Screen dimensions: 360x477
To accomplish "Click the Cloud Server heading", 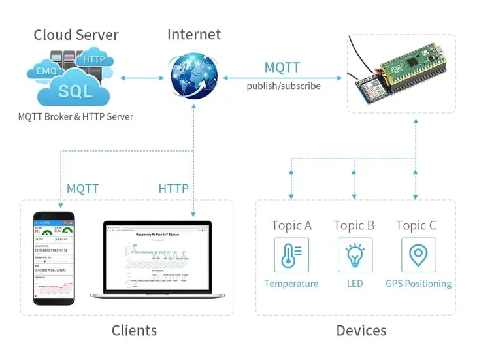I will coord(76,35).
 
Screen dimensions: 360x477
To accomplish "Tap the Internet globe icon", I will coord(193,77).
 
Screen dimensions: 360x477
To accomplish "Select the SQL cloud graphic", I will coord(75,90).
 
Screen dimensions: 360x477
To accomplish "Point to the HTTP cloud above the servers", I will coord(94,60).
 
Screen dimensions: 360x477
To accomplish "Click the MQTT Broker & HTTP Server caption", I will coord(76,117).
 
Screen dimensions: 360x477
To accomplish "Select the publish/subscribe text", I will coord(283,86).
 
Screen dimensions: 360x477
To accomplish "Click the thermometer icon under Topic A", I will coord(291,255).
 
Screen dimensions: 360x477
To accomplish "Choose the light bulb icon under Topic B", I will coord(354,255).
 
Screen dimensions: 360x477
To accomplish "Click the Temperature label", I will coord(291,284).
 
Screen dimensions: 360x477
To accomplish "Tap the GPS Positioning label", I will coord(418,284).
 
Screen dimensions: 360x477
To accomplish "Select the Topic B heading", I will coord(354,225).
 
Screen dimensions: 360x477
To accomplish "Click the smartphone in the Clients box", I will coord(55,258).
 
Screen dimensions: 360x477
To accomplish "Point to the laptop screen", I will coord(157,257).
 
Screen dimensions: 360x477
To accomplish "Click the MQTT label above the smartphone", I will coord(82,189).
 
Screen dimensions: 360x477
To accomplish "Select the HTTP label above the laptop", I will coord(173,189).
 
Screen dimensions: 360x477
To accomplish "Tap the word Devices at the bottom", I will coord(361,331).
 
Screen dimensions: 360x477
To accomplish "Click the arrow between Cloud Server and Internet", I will coord(142,78).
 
